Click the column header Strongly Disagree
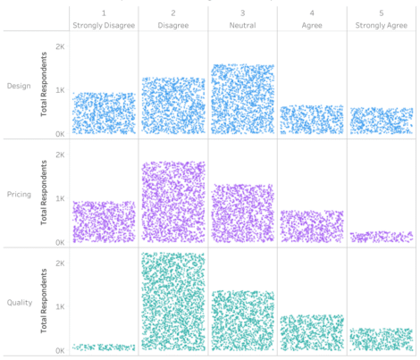(x=104, y=25)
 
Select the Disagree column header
(x=172, y=25)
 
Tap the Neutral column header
(x=242, y=25)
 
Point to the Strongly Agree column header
(x=382, y=25)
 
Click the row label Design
(x=17, y=86)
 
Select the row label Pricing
(x=17, y=194)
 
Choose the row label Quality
(x=17, y=303)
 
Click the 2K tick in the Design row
(x=60, y=46)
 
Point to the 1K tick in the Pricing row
(x=60, y=198)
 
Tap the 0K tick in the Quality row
(x=60, y=351)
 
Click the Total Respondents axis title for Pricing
(x=42, y=194)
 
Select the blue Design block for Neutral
(x=242, y=99)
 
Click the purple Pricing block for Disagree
(x=172, y=202)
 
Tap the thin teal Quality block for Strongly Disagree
(x=104, y=347)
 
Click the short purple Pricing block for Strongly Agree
(x=382, y=237)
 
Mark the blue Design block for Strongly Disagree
(x=104, y=113)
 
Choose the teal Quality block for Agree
(x=312, y=332)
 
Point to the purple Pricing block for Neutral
(x=242, y=213)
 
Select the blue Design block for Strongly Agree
(x=382, y=121)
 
